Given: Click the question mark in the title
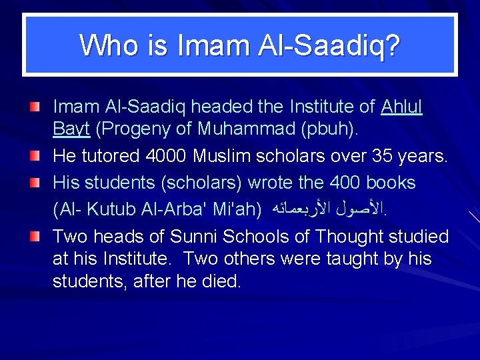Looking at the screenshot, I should [392, 46].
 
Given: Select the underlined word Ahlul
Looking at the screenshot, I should [402, 107].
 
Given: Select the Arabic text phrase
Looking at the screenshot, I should [329, 209].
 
